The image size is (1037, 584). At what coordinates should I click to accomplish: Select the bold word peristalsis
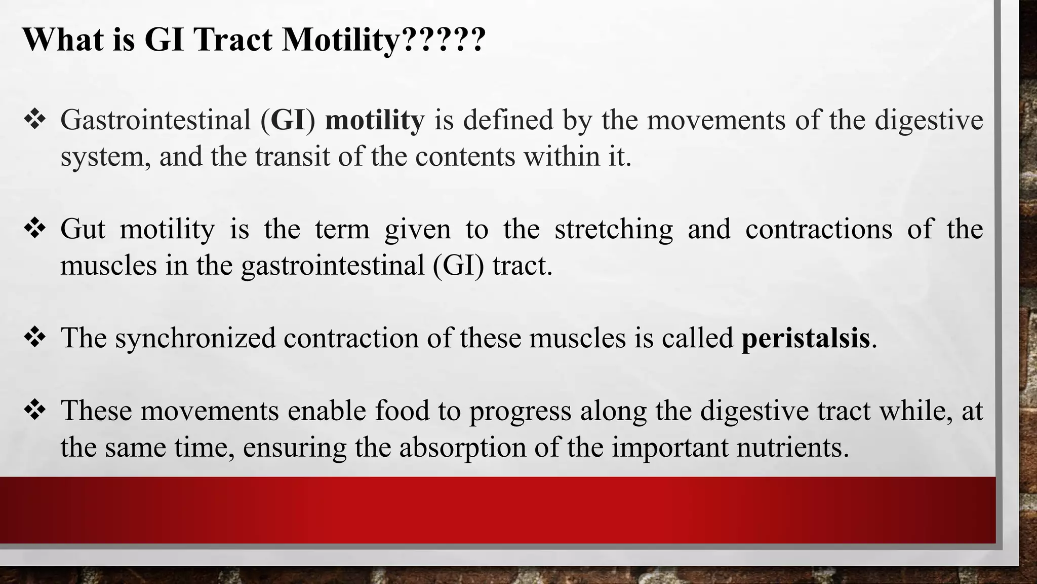[805, 338]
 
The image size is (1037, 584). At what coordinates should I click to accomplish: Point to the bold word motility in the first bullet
[374, 121]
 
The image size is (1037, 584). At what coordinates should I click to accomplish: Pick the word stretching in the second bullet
[614, 229]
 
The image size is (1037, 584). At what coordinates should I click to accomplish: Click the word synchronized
[195, 338]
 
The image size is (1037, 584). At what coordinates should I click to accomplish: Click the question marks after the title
[443, 39]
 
